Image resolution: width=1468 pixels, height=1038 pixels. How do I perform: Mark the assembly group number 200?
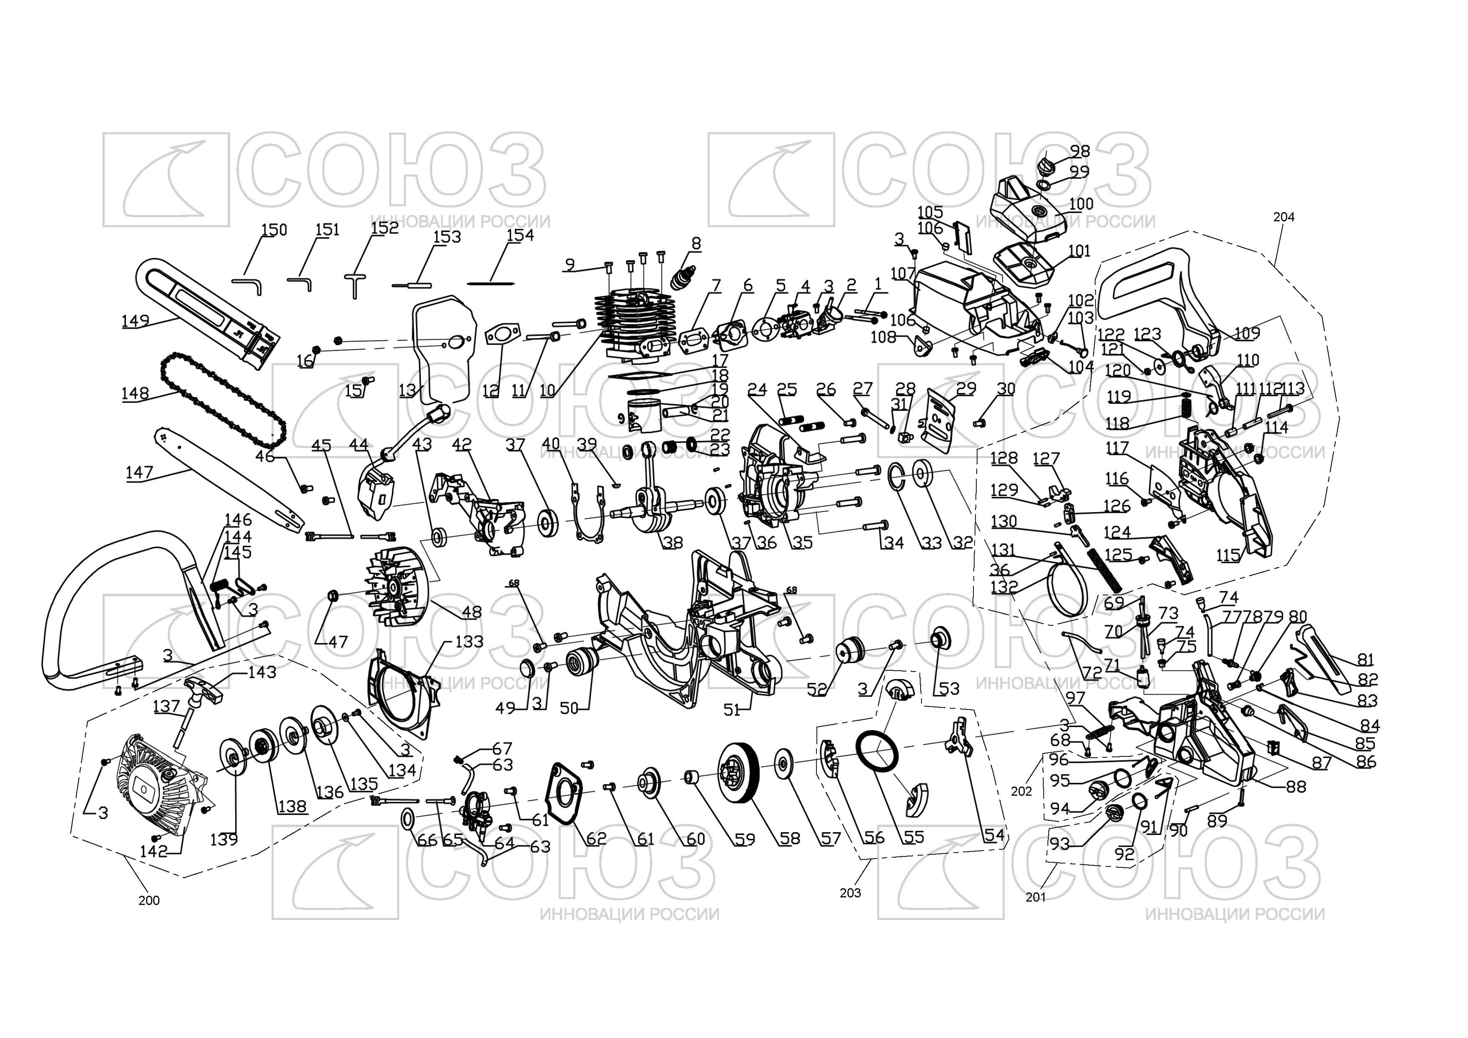point(149,901)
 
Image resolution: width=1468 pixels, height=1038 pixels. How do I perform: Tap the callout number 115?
point(1228,556)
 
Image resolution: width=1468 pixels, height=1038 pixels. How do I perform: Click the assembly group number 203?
point(850,893)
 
